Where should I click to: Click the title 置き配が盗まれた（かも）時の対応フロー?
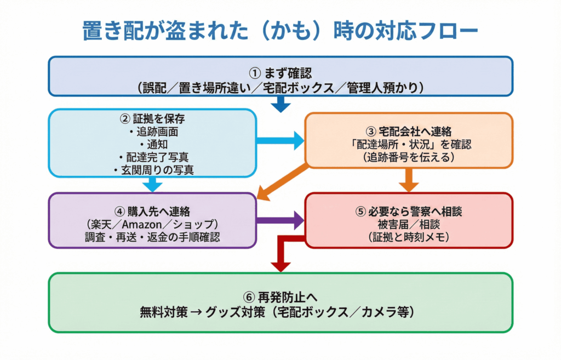coord(280,31)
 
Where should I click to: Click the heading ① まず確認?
coord(280,72)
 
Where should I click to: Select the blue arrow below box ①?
coord(280,104)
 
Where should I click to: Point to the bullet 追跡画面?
coord(153,132)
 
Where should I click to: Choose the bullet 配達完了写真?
coord(153,157)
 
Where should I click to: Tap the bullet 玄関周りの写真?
coord(153,170)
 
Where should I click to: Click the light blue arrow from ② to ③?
coord(279,140)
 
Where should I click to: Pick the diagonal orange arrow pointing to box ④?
coord(282,181)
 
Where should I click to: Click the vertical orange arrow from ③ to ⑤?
coord(409,179)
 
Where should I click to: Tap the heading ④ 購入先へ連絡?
coord(153,212)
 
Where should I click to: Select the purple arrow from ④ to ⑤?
coord(279,220)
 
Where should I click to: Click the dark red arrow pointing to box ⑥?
coord(281,258)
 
